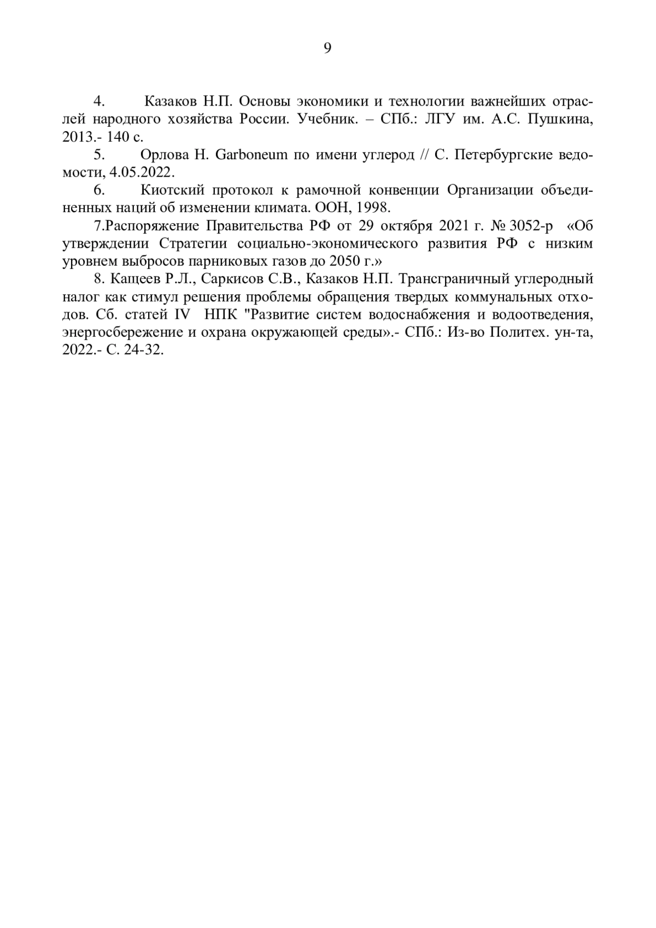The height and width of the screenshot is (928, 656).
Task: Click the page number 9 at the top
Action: pyautogui.click(x=327, y=48)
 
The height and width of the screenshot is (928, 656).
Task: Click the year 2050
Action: pyautogui.click(x=338, y=261)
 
